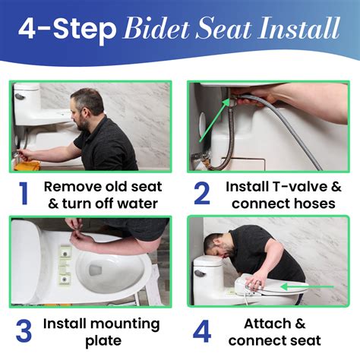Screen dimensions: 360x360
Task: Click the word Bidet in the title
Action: tap(156, 28)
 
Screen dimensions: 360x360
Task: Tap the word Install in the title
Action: tap(299, 27)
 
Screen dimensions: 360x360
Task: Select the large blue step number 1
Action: tap(24, 194)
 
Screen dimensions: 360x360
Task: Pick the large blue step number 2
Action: tap(202, 194)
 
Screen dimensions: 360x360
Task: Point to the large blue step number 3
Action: tap(24, 330)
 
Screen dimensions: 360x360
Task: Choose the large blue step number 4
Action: tap(202, 330)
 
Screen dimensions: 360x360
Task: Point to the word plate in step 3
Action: tap(103, 341)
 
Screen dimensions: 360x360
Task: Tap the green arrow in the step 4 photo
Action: tap(308, 287)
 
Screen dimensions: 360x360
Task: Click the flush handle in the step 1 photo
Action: tap(20, 96)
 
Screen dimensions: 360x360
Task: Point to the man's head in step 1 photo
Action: tap(87, 109)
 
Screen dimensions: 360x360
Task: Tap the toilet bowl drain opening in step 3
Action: tap(95, 270)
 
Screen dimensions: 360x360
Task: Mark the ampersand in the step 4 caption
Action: tap(300, 324)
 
